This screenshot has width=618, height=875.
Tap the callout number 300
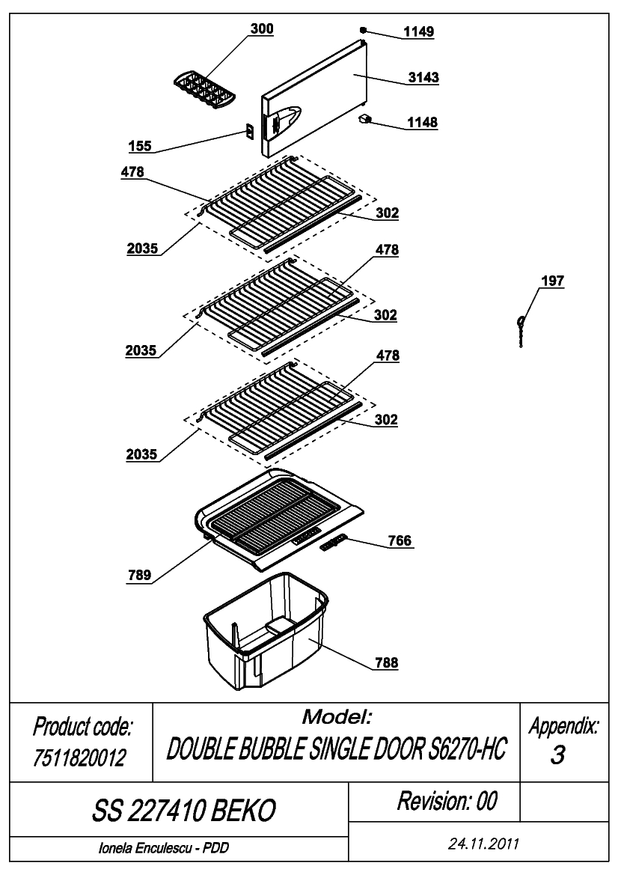tap(262, 28)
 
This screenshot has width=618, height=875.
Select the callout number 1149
tap(418, 31)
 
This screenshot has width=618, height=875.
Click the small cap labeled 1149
tap(363, 30)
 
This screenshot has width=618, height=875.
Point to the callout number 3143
tap(423, 77)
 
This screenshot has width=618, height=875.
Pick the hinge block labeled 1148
tap(365, 120)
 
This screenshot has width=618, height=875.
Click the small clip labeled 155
tap(250, 131)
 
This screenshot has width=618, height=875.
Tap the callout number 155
tap(139, 146)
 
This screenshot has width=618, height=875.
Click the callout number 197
tap(552, 281)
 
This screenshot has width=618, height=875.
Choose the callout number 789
tap(139, 575)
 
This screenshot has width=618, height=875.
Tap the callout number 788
tap(386, 662)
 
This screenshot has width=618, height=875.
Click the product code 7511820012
tap(80, 757)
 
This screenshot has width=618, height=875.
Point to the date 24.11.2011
tap(483, 844)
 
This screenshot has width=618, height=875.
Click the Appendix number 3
tap(557, 754)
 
